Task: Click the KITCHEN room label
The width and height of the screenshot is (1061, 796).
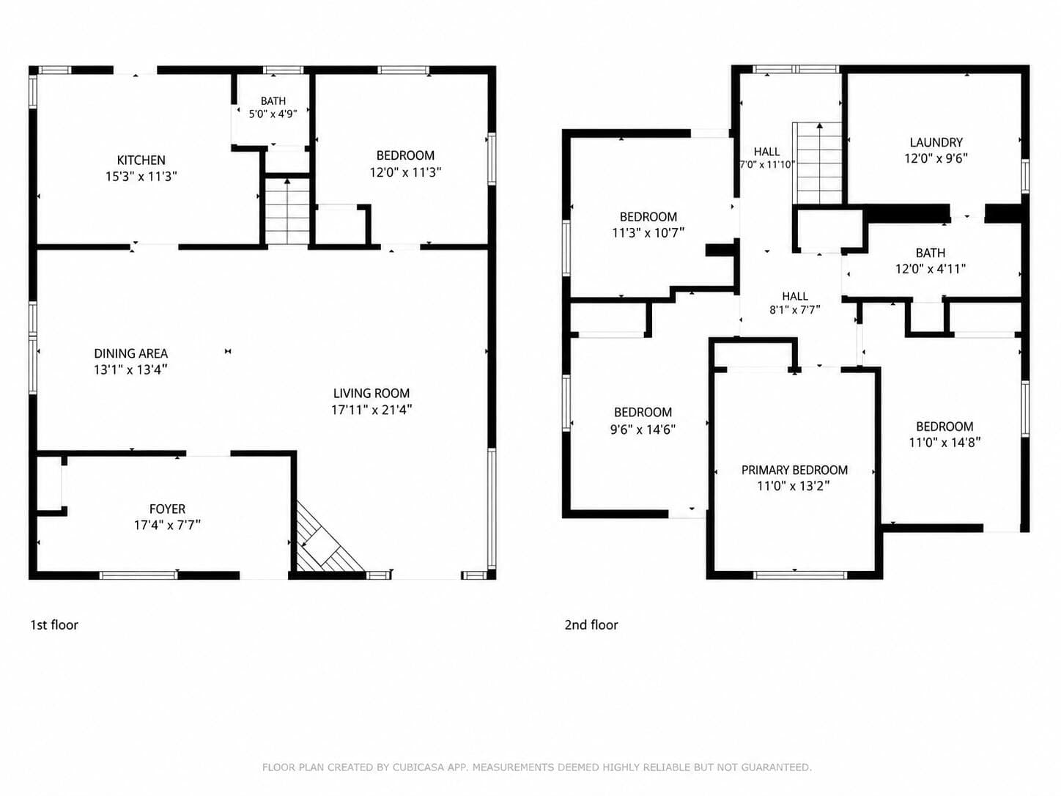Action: [141, 160]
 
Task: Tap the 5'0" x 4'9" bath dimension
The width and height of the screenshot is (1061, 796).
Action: [273, 114]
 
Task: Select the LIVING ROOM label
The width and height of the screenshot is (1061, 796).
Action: [371, 394]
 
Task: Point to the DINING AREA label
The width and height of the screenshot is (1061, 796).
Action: [131, 353]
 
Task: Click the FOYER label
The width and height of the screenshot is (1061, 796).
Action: [167, 509]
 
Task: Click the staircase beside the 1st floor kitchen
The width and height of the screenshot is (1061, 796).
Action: [287, 211]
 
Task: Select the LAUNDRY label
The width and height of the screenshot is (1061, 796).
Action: [936, 143]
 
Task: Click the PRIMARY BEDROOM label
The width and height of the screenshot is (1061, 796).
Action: [795, 470]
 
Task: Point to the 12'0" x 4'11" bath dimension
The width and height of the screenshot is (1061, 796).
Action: [931, 269]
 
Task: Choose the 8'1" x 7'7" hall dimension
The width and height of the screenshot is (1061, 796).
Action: [795, 310]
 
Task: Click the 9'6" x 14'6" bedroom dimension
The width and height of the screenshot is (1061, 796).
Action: [643, 430]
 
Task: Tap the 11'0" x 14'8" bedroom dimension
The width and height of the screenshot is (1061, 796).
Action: [944, 442]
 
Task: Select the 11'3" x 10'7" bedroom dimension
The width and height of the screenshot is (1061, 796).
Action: [648, 233]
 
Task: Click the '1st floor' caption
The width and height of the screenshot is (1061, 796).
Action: [54, 625]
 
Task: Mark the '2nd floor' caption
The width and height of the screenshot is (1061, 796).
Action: [591, 625]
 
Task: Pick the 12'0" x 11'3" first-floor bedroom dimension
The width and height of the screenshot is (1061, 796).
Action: [405, 172]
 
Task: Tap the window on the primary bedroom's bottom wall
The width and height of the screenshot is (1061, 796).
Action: [800, 575]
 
